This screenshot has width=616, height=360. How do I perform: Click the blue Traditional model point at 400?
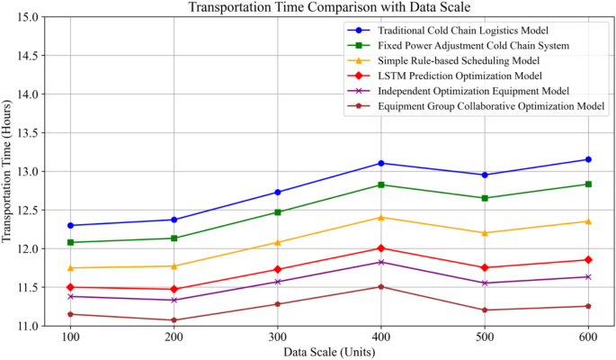point(381,163)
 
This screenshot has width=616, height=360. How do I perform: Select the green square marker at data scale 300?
point(278,212)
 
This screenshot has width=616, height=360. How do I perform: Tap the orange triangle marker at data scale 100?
point(70,268)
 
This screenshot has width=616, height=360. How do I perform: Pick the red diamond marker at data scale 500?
point(486,267)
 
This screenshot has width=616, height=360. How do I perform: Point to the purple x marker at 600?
point(589,277)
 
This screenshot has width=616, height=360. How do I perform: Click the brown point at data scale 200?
point(174,320)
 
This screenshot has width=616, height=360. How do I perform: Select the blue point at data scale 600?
point(589,159)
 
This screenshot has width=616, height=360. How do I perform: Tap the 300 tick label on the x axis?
point(278,335)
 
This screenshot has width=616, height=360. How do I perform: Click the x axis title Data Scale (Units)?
point(329,351)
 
